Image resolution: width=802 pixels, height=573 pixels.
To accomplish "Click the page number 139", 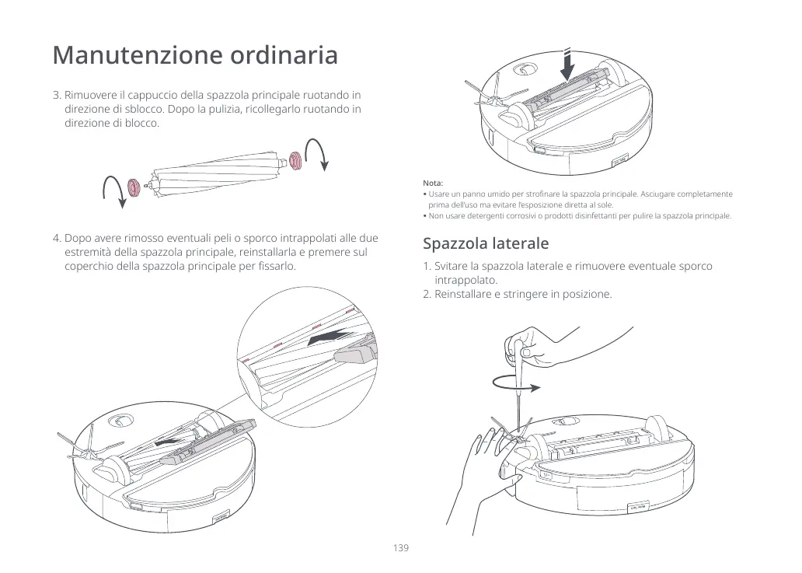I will coord(400,548).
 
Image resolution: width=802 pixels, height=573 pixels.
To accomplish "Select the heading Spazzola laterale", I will coord(486,243).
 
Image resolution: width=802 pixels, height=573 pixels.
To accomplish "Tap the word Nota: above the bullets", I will coord(433,182).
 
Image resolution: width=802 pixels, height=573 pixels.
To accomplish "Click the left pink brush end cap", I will coord(133,187).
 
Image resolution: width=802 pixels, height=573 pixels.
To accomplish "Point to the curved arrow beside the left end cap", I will coord(113,190).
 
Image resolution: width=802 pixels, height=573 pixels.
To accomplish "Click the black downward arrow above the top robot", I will coord(568,65).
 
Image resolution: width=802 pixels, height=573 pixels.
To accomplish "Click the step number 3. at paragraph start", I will coord(57,96).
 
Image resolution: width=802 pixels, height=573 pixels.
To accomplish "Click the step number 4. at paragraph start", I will coord(57,239).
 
